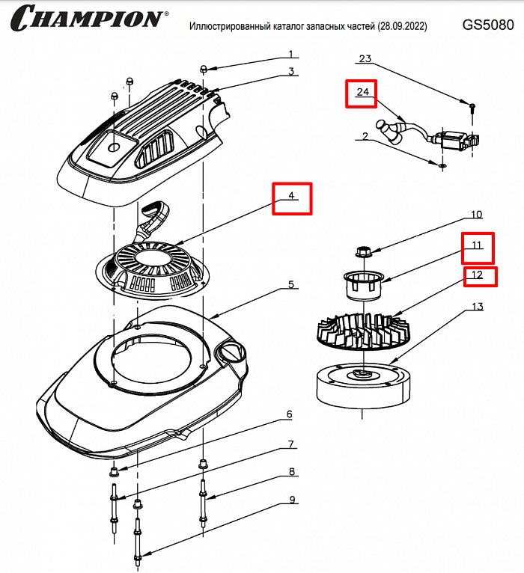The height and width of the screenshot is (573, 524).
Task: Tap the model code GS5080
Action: pyautogui.click(x=487, y=25)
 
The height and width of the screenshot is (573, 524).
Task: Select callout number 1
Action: pyautogui.click(x=292, y=54)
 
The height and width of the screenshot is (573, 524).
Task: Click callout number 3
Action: pyautogui.click(x=292, y=72)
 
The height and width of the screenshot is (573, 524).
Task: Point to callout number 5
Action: pyautogui.click(x=292, y=285)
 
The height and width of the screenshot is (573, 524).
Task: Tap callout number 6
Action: pyautogui.click(x=289, y=414)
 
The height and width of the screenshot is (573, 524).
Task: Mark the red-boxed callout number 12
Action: pyautogui.click(x=478, y=275)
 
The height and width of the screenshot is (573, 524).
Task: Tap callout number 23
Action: pyautogui.click(x=365, y=58)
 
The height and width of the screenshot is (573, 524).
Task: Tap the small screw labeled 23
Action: pyautogui.click(x=472, y=108)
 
